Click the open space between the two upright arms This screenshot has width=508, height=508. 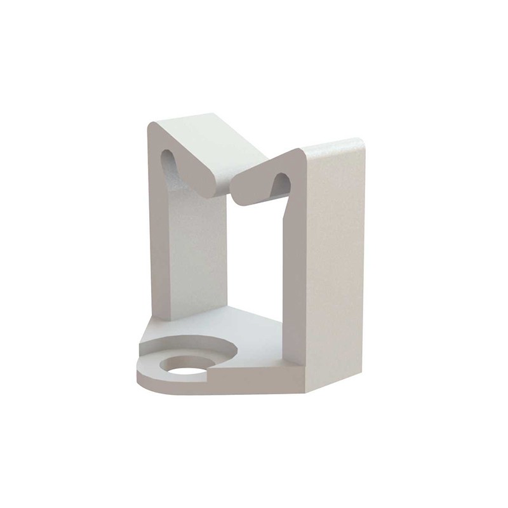coord(254,254)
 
